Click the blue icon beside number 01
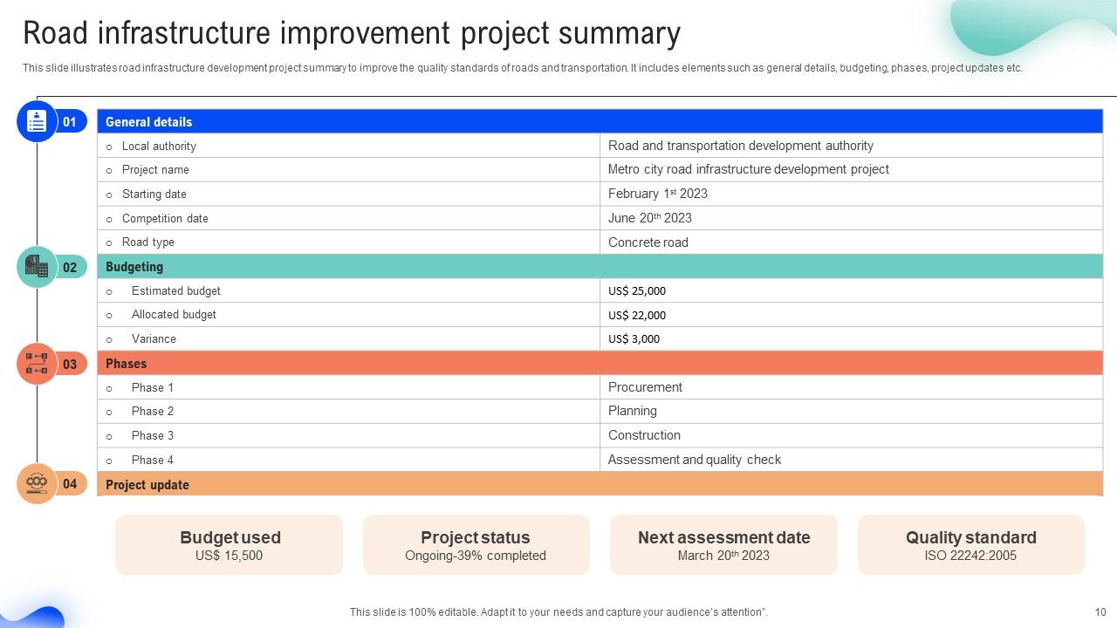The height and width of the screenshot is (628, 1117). point(37,122)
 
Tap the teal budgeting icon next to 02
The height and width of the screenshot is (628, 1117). point(37,267)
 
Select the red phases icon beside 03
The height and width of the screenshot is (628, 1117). point(37,364)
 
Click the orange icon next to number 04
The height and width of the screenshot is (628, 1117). point(37,483)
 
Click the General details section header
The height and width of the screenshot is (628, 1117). point(148,122)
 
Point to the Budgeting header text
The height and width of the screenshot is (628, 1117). point(134,267)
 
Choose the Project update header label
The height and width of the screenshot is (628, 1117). point(147,485)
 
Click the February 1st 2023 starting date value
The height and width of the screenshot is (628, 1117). point(657,194)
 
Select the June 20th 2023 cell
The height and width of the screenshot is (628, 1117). point(649,218)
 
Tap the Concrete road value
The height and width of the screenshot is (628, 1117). point(648,242)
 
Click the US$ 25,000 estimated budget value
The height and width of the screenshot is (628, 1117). point(636,291)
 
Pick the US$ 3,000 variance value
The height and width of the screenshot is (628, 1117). point(634,339)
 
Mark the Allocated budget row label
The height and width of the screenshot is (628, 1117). point(174,315)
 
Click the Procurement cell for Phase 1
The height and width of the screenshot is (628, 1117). point(645,387)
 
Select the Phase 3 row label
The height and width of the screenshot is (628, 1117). point(153,435)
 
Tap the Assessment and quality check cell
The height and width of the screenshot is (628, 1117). point(694,460)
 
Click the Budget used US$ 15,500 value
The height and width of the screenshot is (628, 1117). point(229,556)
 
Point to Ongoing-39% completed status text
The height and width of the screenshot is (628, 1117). point(476,556)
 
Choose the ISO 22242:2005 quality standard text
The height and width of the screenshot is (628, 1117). point(970,556)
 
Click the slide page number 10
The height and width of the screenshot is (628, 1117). point(1100,612)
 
